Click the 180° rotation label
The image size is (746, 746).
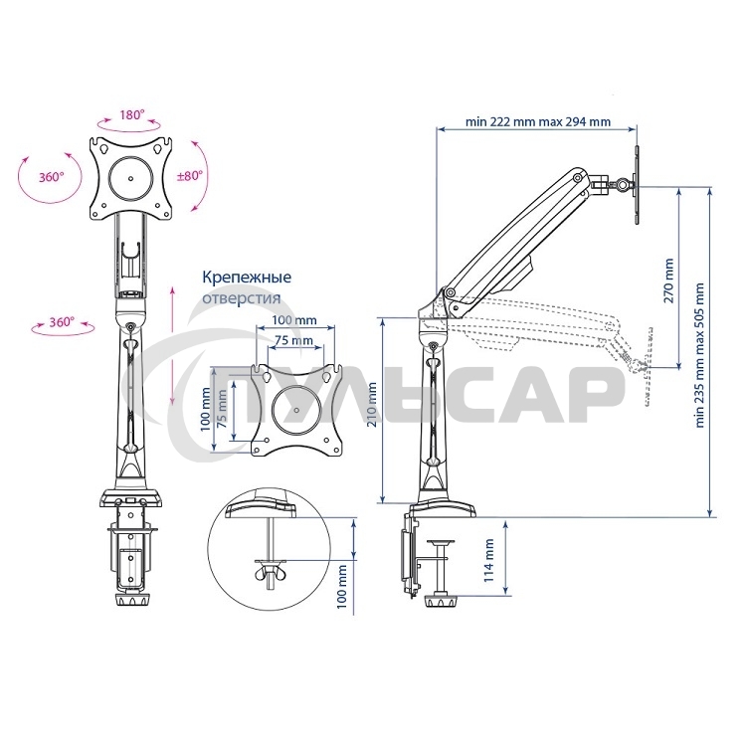point(131,114)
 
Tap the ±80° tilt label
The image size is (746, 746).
point(189,175)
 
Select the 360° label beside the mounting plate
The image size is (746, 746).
point(52,177)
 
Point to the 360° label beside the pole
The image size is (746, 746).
point(62,322)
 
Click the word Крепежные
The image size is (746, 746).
point(247,277)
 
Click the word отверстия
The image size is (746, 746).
point(242,298)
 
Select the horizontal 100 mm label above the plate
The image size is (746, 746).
point(294,319)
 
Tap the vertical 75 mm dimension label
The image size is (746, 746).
point(222,409)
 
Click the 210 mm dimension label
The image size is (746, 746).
point(372,405)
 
